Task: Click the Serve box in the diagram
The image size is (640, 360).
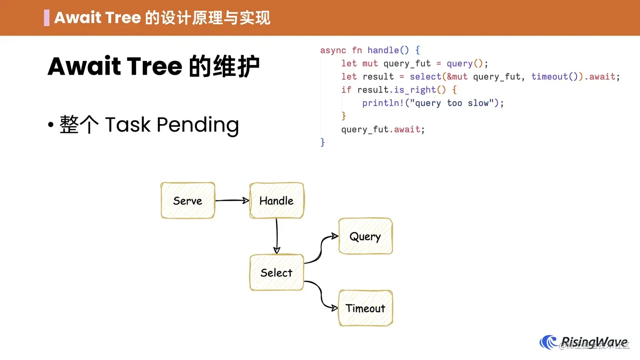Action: point(188,200)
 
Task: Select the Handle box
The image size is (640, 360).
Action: point(276,200)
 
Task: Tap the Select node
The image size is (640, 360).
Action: point(276,272)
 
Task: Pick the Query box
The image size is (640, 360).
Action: point(365,236)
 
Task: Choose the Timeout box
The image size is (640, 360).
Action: point(365,308)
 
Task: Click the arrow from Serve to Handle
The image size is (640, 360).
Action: point(232,200)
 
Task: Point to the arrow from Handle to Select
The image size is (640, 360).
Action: point(276,236)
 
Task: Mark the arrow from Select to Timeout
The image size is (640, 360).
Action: point(321,294)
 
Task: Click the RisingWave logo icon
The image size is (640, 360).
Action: point(548,342)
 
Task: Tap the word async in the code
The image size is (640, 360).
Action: point(333,50)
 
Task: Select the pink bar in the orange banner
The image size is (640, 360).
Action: point(47,18)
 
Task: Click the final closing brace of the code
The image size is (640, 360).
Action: point(323,142)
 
